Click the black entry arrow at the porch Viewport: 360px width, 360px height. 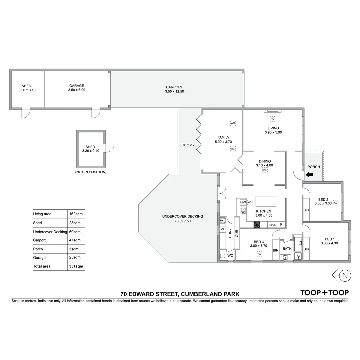coord(309,174)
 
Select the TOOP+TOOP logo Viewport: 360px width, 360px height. coord(324,293)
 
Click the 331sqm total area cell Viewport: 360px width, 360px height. coord(76,266)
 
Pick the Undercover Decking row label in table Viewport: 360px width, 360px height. coord(50,232)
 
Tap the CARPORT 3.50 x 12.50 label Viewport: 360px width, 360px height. coord(174,89)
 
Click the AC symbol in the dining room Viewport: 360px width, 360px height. coord(265,170)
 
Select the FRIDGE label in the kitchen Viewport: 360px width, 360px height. coord(272,225)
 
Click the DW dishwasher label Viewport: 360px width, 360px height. coord(243,202)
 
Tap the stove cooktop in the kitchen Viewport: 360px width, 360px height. coord(257,225)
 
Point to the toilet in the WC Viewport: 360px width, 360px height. coord(223,256)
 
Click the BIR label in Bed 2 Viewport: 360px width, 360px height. coord(306,210)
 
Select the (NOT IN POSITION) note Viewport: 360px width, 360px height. coord(91,172)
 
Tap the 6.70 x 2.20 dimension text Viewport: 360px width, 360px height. coord(188,145)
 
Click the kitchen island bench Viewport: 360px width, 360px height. coord(266,202)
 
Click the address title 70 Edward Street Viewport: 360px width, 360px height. coord(180,294)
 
